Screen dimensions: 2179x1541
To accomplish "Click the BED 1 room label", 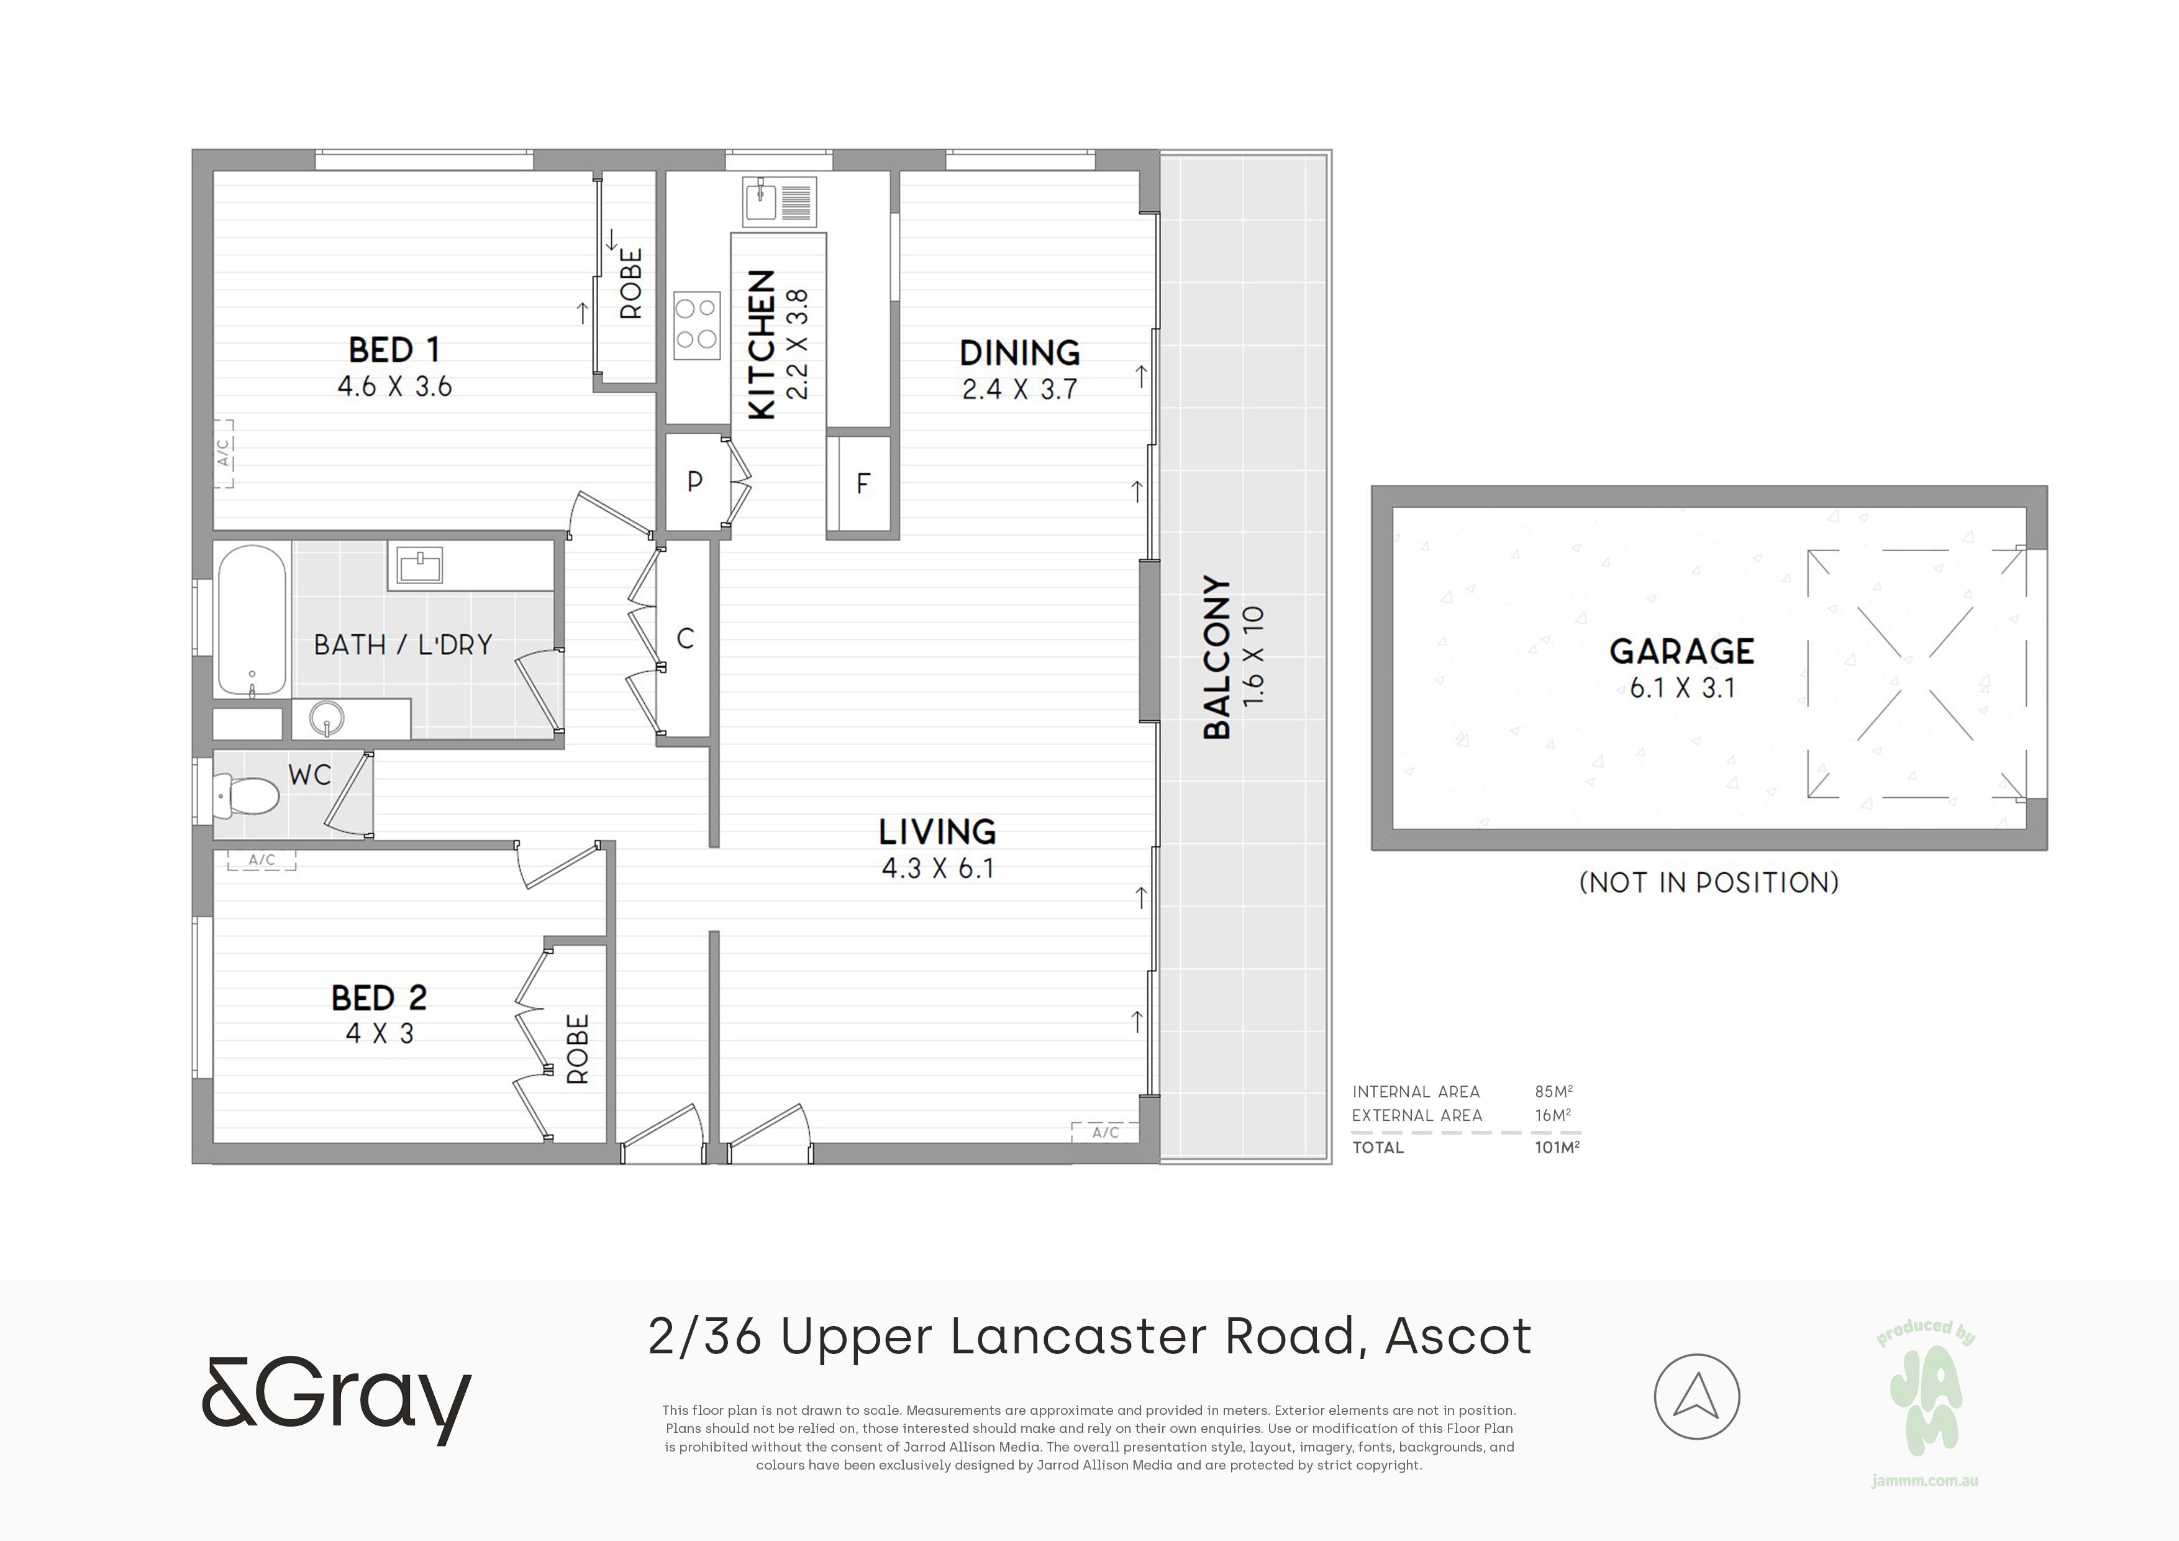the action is tap(394, 350).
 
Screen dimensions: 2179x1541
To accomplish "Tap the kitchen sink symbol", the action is tap(779, 202).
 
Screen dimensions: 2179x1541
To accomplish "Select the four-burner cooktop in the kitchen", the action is tap(696, 325).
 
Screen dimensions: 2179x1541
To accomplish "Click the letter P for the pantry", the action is tap(694, 482).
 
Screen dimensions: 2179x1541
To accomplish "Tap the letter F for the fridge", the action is tap(863, 483).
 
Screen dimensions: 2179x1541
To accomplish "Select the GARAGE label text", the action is tap(1681, 651).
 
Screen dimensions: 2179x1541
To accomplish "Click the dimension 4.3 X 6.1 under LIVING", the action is tap(938, 869).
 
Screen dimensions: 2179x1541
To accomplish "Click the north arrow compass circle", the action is tap(1697, 1397).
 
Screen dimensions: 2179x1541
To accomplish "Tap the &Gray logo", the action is tap(336, 1401).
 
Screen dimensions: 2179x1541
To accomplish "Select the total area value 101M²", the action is tap(1557, 1147).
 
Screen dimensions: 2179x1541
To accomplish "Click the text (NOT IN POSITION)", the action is tap(1708, 883).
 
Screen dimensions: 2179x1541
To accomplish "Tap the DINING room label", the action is tap(1019, 353).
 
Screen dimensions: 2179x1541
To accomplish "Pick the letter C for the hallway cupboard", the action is tap(685, 639).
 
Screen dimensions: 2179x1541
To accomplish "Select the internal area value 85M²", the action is tap(1554, 1092).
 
